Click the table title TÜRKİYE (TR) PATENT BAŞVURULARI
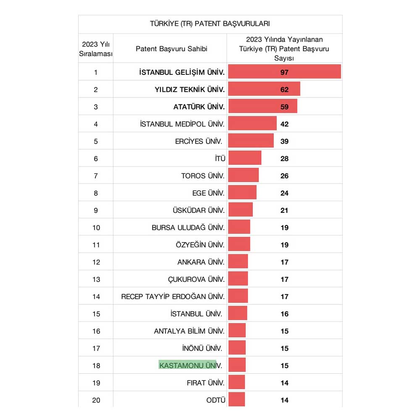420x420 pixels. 210,24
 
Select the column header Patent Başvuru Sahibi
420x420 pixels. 171,49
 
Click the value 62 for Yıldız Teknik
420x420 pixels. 284,89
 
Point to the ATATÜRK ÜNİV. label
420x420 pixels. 199,107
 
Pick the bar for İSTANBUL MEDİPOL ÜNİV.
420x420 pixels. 252,123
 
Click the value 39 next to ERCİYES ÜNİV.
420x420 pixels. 284,141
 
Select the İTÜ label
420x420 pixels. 220,158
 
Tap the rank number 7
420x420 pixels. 96,176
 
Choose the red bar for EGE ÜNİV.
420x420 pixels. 242,193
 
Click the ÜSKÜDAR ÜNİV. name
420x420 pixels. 198,210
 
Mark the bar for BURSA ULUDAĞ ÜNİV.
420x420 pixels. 239,227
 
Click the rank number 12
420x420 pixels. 96,262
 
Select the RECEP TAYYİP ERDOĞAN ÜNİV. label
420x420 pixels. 173,297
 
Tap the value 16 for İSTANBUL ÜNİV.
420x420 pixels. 284,314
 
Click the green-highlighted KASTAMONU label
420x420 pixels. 187,365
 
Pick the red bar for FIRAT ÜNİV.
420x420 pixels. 237,382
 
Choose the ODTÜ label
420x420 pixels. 216,400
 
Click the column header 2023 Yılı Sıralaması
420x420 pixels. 96,49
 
